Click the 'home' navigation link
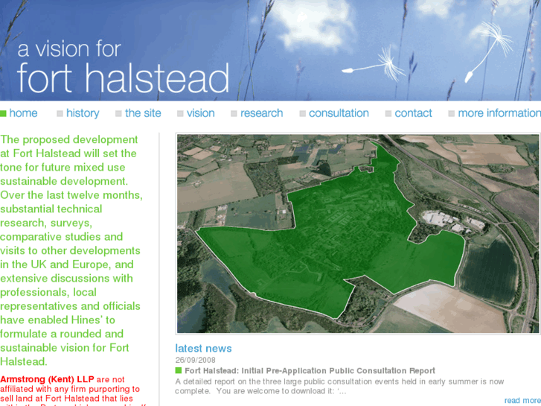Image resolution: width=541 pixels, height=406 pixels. [23, 113]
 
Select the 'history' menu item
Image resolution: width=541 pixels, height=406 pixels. [82, 113]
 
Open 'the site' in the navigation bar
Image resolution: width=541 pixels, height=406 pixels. [143, 113]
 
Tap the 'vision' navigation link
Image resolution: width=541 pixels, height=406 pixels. [200, 113]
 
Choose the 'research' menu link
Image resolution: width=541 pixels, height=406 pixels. [261, 113]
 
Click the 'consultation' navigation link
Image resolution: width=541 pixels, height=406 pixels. [339, 113]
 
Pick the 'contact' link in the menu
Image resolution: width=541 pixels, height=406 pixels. [413, 113]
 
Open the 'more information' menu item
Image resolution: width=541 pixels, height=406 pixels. [499, 113]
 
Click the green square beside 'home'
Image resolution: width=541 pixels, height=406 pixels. [4, 113]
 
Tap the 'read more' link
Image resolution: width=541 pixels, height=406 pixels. [522, 401]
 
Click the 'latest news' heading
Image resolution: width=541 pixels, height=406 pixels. [203, 348]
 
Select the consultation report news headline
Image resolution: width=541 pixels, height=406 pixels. [310, 370]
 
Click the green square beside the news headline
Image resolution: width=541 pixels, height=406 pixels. [179, 370]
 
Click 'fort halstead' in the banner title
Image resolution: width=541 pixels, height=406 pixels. [123, 78]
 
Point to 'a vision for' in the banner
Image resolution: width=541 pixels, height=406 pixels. [68, 50]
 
